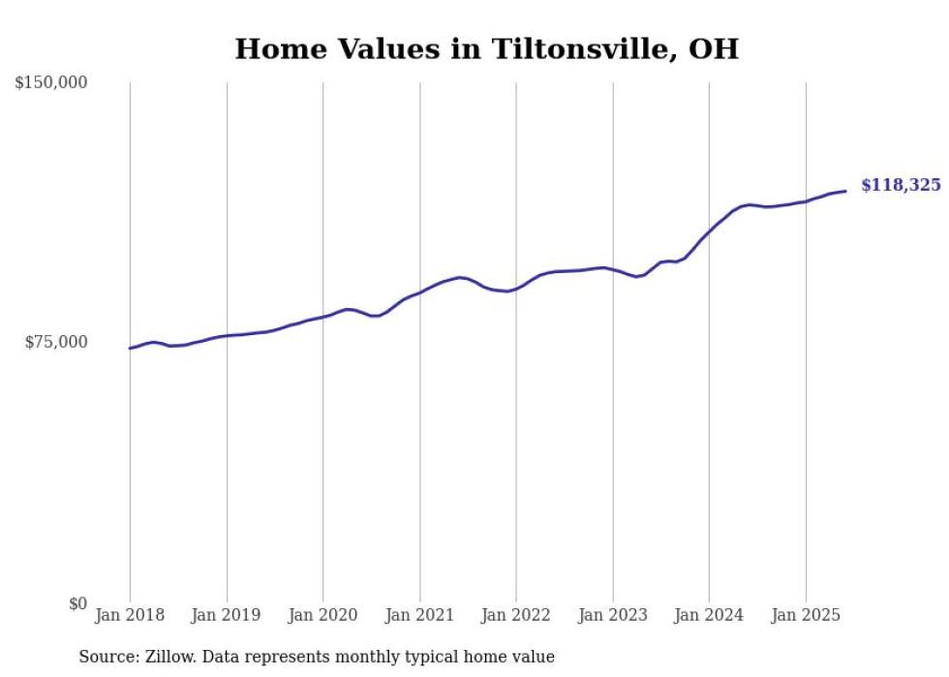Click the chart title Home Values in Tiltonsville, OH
tap(486, 48)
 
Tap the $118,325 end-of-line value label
tap(901, 185)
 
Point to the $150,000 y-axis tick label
tap(51, 83)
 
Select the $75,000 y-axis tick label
tap(55, 342)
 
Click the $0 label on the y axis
tap(77, 603)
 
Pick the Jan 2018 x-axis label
tap(130, 615)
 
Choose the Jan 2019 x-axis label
tap(226, 615)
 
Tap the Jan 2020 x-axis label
tap(322, 615)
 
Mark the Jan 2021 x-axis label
tap(419, 615)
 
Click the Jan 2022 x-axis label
tap(515, 615)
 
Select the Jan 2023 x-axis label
tap(612, 615)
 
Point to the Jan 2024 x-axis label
tap(709, 615)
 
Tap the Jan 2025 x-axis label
tap(805, 615)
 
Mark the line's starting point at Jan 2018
tap(130, 348)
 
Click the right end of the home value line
tap(845, 191)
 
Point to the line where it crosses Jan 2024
tap(709, 232)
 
